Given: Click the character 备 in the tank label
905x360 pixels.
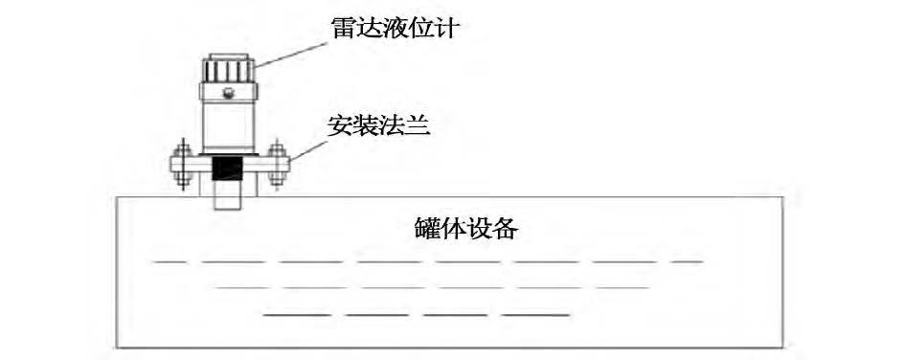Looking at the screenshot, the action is coord(509,230).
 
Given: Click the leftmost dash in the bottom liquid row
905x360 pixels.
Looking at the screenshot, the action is coord(296,314).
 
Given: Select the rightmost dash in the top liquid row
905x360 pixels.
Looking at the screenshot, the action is coord(687,260).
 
